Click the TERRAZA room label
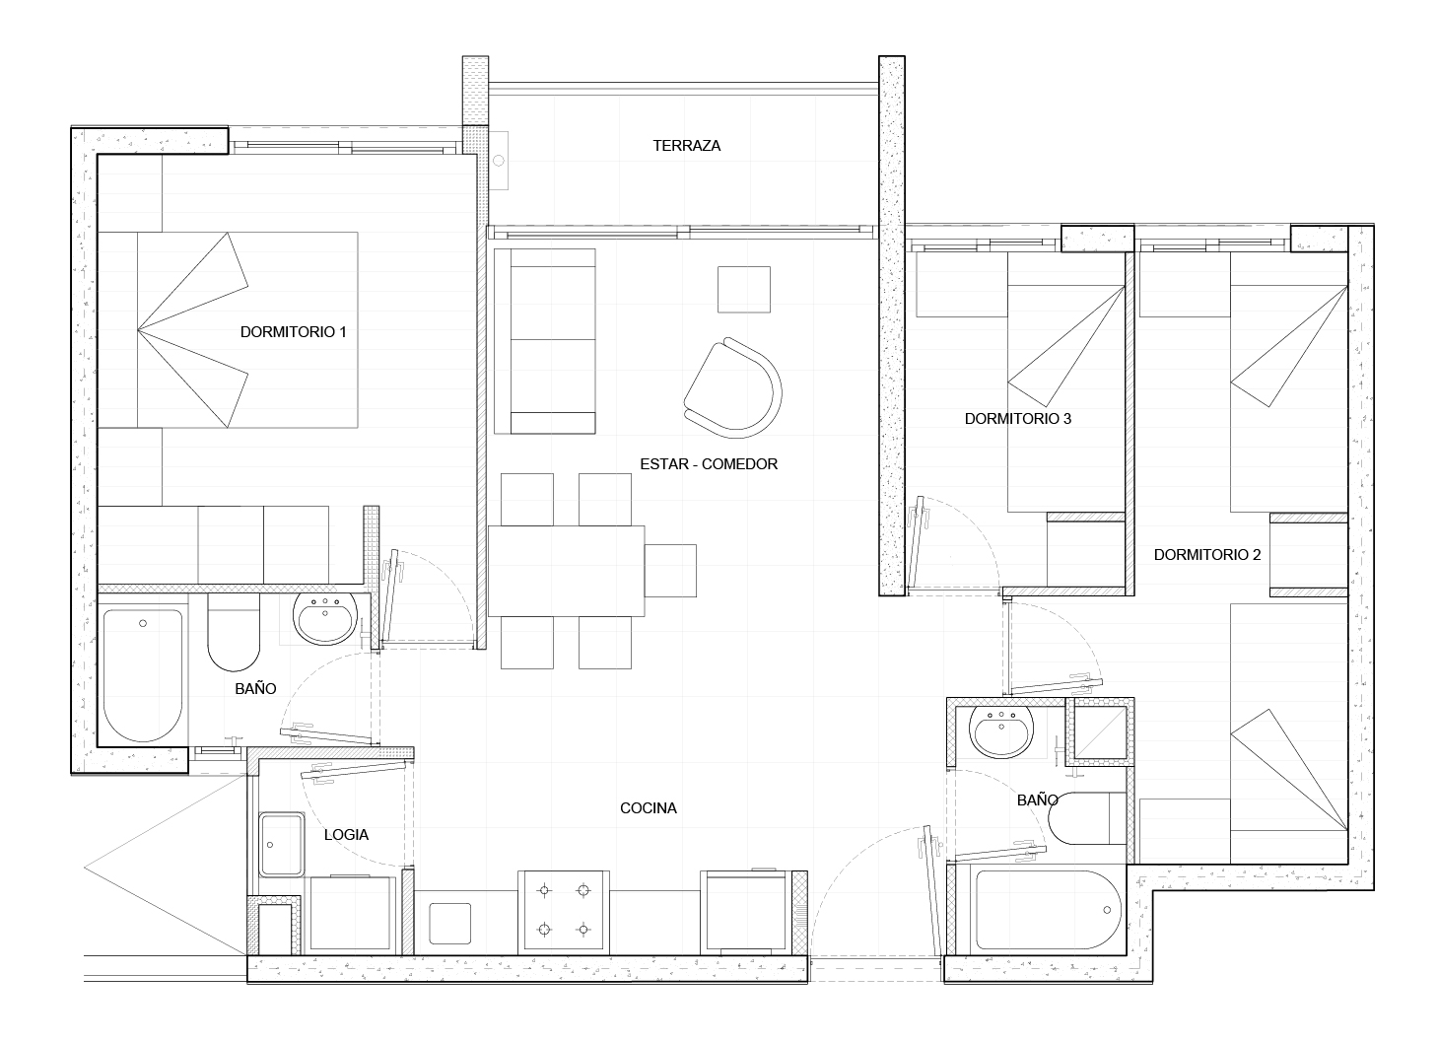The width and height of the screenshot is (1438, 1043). pos(686,146)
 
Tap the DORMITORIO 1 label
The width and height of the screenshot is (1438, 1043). pos(294,332)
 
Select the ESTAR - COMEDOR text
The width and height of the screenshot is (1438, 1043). pos(709,463)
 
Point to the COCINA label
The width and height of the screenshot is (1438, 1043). pos(649,808)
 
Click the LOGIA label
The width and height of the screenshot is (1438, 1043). pos(346,835)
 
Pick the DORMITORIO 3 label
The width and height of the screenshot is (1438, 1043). pos(1018,419)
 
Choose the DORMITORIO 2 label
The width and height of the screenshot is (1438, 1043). pos(1207,554)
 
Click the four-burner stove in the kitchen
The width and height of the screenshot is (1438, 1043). pos(564,911)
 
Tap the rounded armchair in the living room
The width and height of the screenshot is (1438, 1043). pos(733,387)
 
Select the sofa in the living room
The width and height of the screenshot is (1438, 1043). pos(545,341)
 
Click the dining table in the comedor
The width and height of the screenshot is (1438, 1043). pos(566,571)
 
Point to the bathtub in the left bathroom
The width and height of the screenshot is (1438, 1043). pos(143,675)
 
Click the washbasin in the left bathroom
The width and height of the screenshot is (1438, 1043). pos(325,618)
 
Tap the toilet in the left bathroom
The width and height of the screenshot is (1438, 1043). pos(234,632)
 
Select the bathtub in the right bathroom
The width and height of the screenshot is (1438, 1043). pos(1049,909)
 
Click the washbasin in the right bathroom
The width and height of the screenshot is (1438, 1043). pos(1001,732)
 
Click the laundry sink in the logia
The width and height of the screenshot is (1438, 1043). pos(282,845)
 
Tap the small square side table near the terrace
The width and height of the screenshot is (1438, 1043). pos(744,290)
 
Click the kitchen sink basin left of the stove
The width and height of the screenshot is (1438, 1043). pos(450,924)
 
